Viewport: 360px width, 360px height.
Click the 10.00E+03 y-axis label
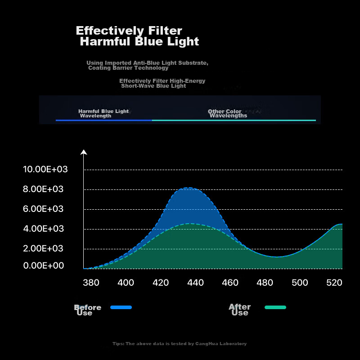[x=45, y=169]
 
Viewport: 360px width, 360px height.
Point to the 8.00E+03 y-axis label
[x=43, y=189]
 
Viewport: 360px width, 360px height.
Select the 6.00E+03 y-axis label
[x=43, y=209]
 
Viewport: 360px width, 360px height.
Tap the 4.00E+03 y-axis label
[x=43, y=229]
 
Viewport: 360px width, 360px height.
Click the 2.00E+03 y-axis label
[x=43, y=248]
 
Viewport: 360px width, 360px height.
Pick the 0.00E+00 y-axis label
[x=43, y=265]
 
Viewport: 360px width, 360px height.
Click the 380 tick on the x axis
[x=91, y=283]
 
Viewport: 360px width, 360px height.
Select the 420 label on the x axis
[x=161, y=283]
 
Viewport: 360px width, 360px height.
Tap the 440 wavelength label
[x=196, y=283]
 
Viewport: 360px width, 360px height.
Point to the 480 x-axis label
[x=265, y=283]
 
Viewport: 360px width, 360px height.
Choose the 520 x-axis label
[x=334, y=283]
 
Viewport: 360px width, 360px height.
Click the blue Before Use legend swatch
[x=121, y=307]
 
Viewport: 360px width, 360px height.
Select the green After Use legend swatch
[x=275, y=307]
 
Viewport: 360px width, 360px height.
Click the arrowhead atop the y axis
[x=84, y=152]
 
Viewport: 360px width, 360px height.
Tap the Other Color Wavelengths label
[x=228, y=113]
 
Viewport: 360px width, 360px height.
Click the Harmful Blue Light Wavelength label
[x=103, y=113]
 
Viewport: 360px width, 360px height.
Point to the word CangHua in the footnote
[x=205, y=344]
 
